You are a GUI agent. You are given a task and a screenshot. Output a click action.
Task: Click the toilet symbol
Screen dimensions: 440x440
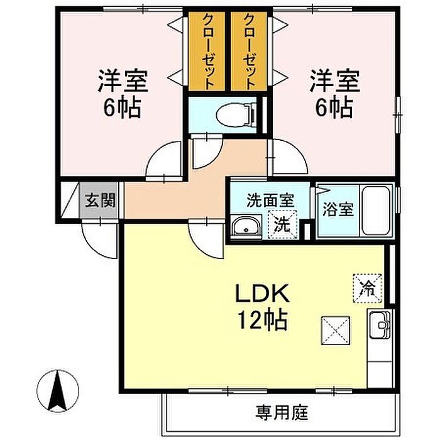[x=236, y=114]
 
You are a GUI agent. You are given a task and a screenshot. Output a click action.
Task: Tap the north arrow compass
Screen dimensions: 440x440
[x=58, y=390]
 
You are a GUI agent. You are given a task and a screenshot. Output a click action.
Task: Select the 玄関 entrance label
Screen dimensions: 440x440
[x=100, y=201]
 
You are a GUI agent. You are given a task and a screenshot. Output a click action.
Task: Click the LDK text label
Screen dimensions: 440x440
[x=262, y=294]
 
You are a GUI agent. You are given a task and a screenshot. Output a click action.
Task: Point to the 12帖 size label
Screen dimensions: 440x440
[x=262, y=320]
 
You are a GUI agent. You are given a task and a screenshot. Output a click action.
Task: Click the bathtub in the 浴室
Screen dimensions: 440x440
[x=377, y=211]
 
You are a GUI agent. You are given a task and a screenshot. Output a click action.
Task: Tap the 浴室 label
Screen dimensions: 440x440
[x=338, y=209]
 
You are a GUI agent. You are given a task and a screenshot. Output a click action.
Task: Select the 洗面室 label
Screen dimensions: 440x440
[x=270, y=201]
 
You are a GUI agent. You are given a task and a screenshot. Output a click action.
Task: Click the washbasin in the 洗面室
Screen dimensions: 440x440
[x=246, y=227]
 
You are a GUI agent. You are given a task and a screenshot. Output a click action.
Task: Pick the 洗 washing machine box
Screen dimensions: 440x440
[x=282, y=225]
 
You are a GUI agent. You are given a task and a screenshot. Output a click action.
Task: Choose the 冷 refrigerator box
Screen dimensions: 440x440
[x=368, y=289]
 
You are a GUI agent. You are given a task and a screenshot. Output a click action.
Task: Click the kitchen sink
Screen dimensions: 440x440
[x=380, y=325]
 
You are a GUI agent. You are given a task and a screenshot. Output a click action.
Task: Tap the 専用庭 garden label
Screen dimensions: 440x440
[x=282, y=413]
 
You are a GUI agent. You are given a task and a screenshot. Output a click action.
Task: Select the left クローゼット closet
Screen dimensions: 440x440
[x=207, y=51]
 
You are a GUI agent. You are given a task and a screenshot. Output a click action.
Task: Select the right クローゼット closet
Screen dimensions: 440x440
[x=249, y=51]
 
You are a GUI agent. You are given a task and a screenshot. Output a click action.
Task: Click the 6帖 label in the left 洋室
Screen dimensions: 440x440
[x=122, y=107]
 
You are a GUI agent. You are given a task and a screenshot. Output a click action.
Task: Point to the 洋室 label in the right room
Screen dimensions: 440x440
[x=334, y=81]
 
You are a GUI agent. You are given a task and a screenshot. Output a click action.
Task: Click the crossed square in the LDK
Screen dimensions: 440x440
[x=336, y=331]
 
